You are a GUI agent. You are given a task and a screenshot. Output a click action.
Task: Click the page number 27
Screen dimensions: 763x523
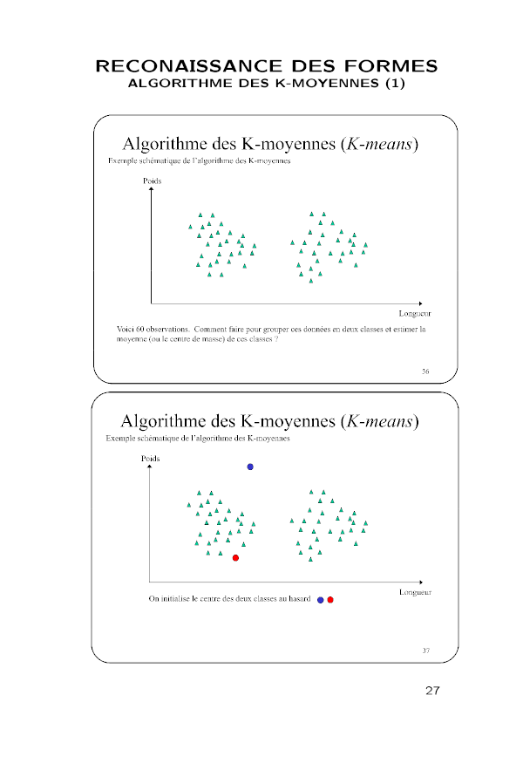(x=432, y=691)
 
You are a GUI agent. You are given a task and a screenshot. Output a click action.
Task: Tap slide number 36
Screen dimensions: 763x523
(x=425, y=371)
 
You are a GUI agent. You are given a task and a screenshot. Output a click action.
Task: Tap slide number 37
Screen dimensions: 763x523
(x=425, y=650)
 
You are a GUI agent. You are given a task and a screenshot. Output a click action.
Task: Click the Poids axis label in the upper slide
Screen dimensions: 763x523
(x=153, y=181)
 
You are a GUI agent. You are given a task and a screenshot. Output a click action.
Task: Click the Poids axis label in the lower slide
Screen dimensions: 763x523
(x=151, y=458)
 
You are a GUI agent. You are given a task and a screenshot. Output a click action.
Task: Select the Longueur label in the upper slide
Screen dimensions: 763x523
(x=415, y=312)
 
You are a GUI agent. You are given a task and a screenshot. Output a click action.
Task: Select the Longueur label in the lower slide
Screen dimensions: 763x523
(x=415, y=591)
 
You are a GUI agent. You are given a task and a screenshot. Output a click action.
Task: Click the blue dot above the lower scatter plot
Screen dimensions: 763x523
(x=250, y=467)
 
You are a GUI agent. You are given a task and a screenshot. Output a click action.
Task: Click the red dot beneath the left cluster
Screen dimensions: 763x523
(x=235, y=557)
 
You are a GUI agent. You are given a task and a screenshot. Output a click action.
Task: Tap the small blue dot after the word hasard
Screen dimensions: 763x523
(x=321, y=600)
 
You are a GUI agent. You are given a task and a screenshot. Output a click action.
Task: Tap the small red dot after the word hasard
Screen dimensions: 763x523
(x=330, y=600)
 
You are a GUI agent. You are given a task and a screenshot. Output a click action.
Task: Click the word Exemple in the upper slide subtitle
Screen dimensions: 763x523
(x=120, y=161)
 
